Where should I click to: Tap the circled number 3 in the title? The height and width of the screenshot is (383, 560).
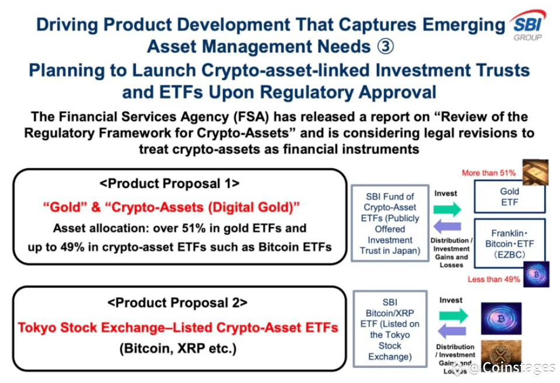386,47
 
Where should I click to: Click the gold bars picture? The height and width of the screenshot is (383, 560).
535,172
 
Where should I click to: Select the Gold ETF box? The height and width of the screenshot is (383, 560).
509,197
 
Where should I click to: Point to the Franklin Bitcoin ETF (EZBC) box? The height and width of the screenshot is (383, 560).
510,243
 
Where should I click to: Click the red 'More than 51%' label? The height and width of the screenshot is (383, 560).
489,173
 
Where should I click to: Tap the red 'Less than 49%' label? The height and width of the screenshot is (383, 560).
494,279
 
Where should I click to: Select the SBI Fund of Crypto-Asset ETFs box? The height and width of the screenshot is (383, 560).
390,224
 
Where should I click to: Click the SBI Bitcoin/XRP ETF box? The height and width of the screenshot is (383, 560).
390,329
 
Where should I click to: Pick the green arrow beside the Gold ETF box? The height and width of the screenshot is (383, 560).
447,209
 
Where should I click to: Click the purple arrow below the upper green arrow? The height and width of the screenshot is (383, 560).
447,227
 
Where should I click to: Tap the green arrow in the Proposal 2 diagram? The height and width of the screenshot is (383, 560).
453,315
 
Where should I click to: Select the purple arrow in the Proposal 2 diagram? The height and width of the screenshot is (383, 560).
452,331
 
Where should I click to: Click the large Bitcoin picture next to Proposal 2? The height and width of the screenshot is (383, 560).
501,318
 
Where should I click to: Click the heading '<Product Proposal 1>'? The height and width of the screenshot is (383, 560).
169,184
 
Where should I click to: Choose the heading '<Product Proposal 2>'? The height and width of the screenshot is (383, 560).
177,303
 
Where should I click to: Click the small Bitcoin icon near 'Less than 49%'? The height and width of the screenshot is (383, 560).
536,274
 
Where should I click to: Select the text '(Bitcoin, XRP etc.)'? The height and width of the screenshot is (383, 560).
178,349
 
